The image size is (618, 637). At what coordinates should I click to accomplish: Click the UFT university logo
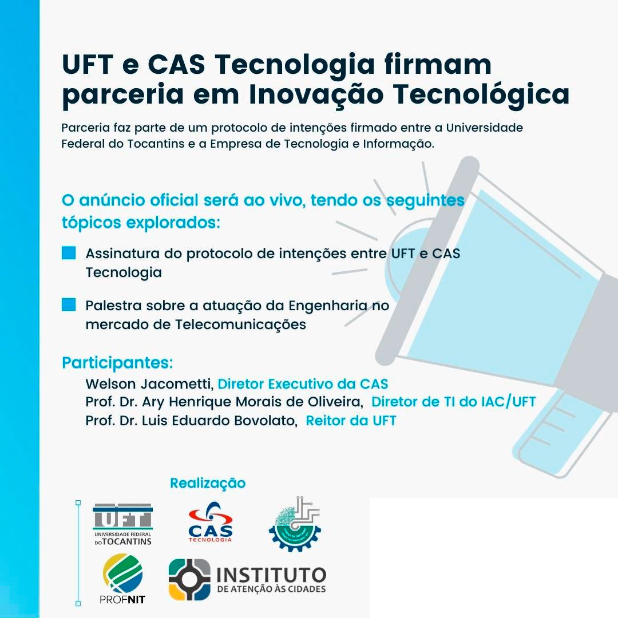[x=122, y=524]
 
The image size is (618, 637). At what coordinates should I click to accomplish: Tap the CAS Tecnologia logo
[x=211, y=523]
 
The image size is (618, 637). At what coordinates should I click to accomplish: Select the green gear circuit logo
[x=295, y=524]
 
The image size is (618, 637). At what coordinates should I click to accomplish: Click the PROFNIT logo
[x=122, y=579]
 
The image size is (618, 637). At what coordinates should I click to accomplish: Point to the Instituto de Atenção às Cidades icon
[x=189, y=579]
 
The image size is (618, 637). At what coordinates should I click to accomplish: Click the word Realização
[x=208, y=483]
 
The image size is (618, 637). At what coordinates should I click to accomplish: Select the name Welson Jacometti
[x=149, y=384]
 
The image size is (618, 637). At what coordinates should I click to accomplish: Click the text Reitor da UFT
[x=351, y=421]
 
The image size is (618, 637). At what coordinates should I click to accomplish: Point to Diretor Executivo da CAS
[x=303, y=384]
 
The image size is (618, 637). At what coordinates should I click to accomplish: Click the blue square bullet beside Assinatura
[x=69, y=253]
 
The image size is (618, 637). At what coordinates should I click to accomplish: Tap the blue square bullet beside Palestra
[x=69, y=304]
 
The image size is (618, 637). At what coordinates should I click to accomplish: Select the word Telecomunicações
[x=240, y=325]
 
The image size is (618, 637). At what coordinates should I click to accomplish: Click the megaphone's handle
[x=562, y=435]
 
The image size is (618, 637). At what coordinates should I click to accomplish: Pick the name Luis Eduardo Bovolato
[x=219, y=421]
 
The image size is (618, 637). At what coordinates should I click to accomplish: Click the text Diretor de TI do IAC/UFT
[x=454, y=402]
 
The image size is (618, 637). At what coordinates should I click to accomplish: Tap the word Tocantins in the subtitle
[x=156, y=144]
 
